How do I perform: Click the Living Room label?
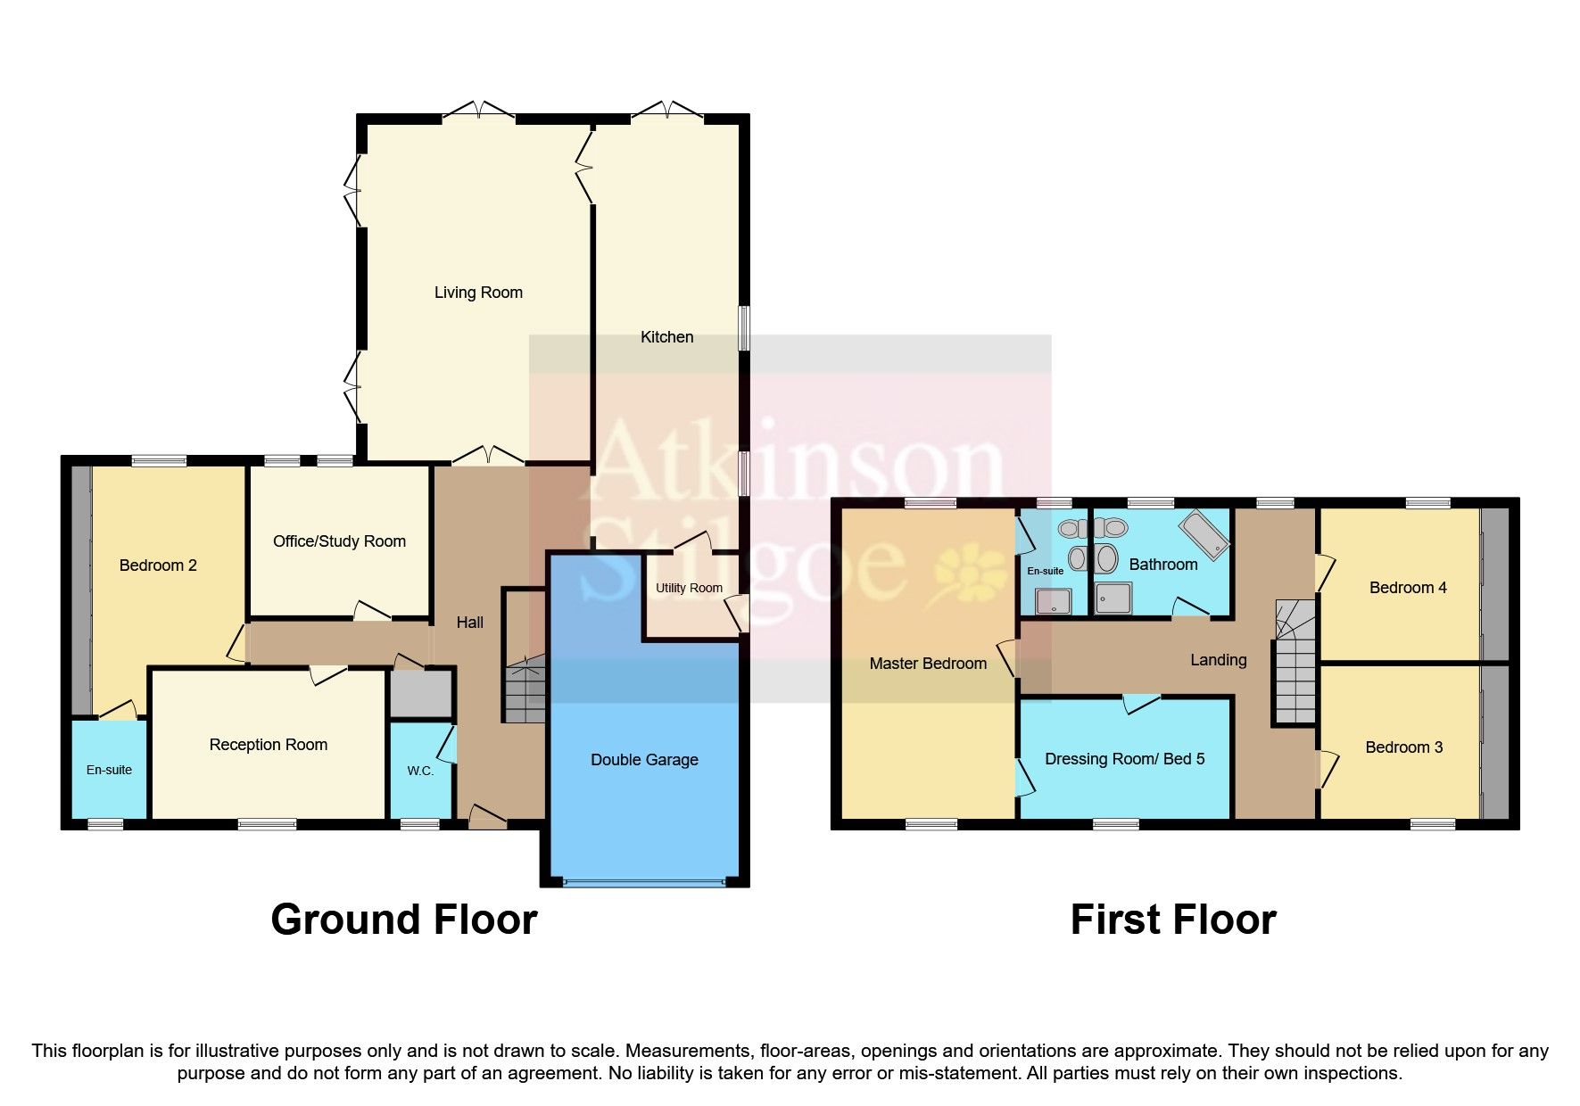tap(478, 293)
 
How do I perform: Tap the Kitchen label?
tap(666, 337)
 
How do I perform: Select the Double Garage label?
tap(644, 760)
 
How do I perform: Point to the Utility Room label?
tap(689, 588)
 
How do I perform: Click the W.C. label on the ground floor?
tap(420, 771)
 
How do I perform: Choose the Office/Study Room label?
tap(339, 541)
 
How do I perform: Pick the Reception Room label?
tap(268, 745)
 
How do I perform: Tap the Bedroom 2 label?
tap(158, 565)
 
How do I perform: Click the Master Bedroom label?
tap(928, 664)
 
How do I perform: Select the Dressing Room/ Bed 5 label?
tap(1124, 759)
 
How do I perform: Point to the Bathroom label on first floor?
tap(1162, 565)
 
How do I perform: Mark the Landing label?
tap(1218, 660)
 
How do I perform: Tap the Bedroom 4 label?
tap(1408, 588)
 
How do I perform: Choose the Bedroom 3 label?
tap(1403, 747)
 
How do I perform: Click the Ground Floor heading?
tap(403, 920)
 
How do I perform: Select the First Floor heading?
tap(1172, 920)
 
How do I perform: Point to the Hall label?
tap(470, 623)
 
